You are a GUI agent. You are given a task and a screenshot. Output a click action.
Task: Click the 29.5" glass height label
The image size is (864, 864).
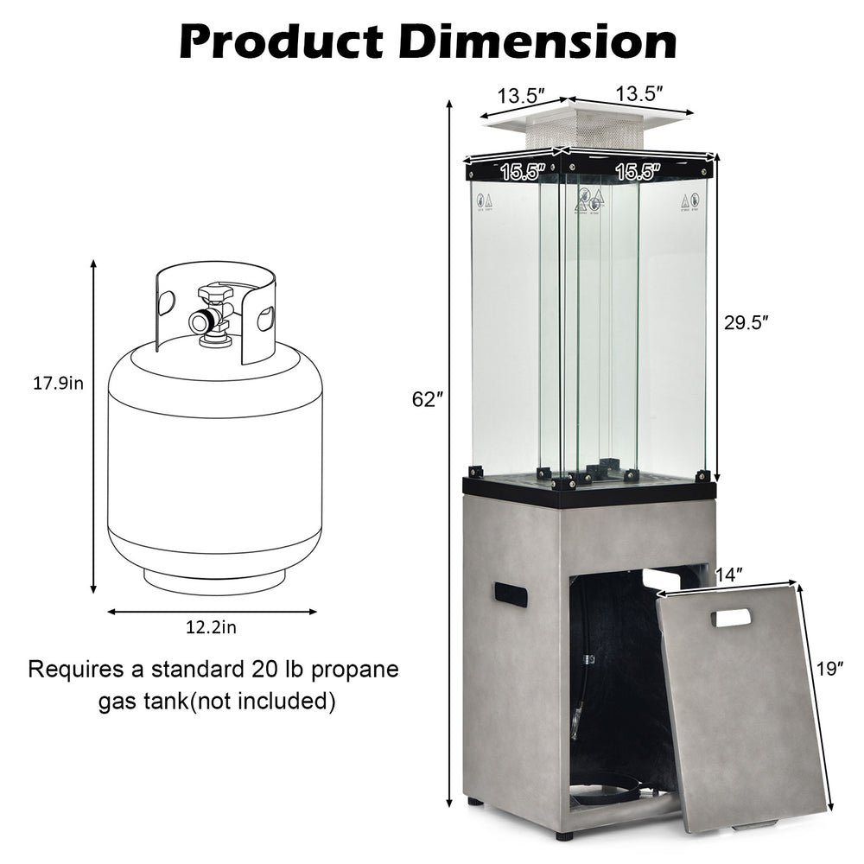[x=745, y=321]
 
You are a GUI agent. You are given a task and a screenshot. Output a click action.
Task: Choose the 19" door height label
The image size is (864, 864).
[x=829, y=668]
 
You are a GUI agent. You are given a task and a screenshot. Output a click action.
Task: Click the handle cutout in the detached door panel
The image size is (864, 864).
[x=732, y=618]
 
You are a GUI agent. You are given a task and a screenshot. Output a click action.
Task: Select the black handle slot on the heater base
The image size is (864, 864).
[x=511, y=594]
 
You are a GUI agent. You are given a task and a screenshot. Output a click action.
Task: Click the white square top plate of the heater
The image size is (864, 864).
[x=588, y=118]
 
